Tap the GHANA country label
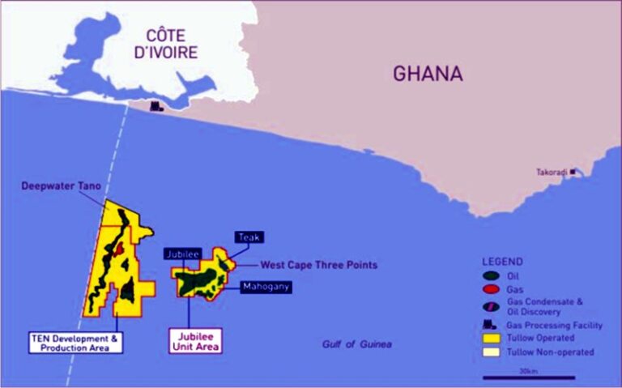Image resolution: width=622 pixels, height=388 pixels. coord(428,74)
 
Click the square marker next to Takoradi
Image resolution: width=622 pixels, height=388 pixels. coord(573,171)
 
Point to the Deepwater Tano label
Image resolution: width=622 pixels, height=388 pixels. coord(61,186)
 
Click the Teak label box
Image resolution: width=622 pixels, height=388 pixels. coord(249,237)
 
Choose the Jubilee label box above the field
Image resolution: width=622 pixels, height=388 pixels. coord(181,254)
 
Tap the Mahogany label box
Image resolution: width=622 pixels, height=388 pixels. coord(266,287)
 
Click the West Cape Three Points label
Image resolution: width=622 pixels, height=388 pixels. coord(307,265)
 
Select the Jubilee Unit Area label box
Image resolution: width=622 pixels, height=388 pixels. coord(194,339)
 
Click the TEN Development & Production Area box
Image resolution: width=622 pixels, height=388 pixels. coord(75,342)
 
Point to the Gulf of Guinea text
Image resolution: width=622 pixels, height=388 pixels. coord(356,344)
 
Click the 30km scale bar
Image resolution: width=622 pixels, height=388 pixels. coord(529,377)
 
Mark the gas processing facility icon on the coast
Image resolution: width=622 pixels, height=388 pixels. coord(155,105)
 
